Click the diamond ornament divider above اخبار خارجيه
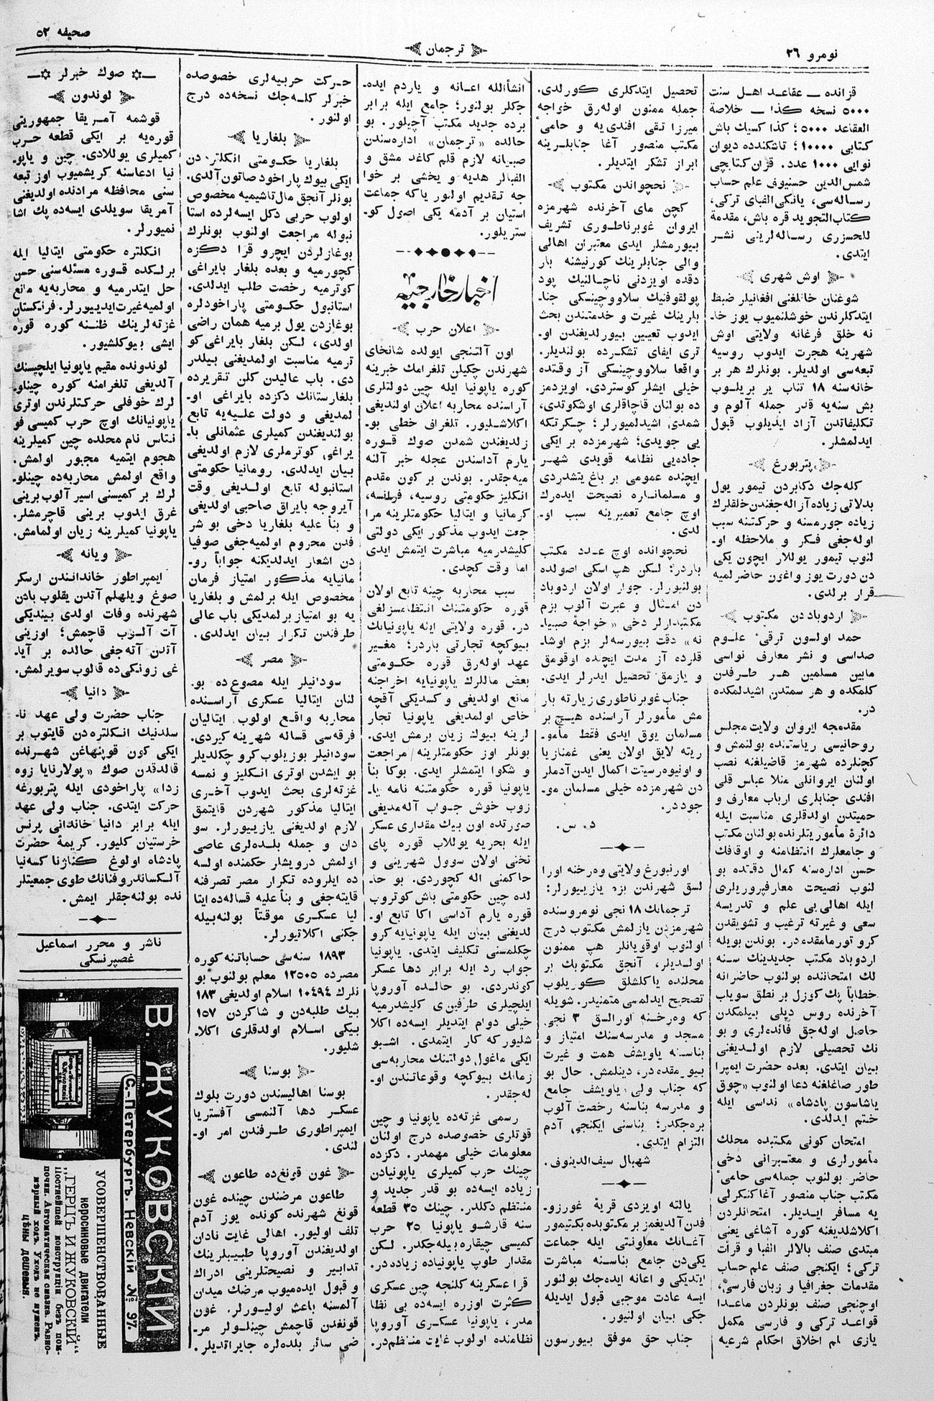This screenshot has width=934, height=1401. [x=446, y=252]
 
